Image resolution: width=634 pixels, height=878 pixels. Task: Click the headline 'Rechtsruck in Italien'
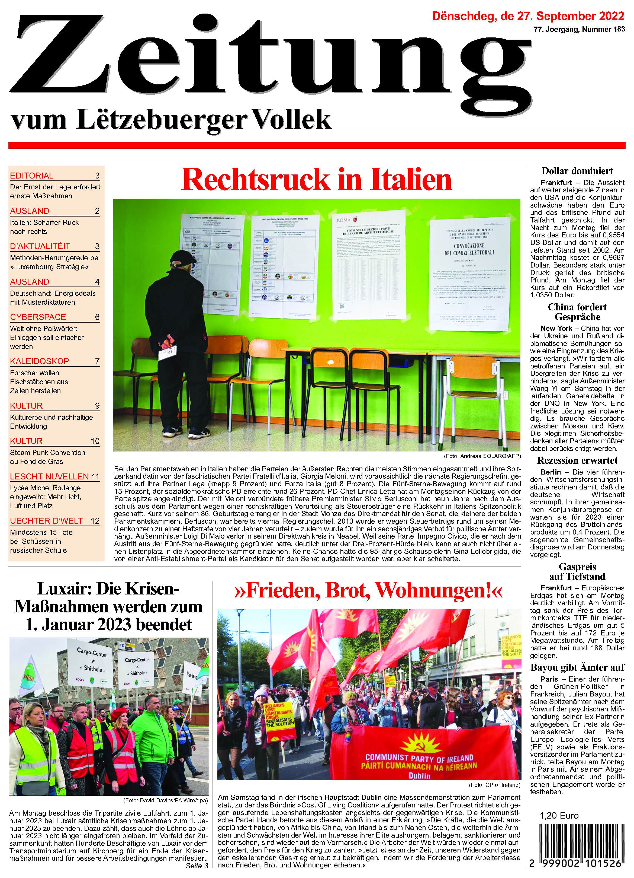(316, 180)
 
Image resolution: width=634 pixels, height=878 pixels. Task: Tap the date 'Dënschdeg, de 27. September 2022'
(528, 16)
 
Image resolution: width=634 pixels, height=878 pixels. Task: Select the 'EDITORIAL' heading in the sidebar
(32, 176)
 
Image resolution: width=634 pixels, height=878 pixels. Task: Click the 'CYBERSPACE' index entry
(38, 317)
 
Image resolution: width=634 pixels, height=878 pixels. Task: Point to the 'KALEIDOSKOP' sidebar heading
(40, 361)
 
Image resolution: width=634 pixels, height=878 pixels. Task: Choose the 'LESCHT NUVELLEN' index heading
(50, 476)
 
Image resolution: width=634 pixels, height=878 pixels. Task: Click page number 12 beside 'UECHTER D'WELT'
(95, 521)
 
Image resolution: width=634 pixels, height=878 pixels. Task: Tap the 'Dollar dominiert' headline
(577, 171)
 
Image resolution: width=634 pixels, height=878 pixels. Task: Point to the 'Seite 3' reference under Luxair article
(197, 866)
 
